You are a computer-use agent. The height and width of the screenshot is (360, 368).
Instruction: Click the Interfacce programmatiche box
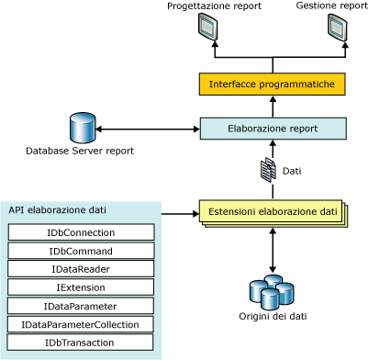pyautogui.click(x=273, y=85)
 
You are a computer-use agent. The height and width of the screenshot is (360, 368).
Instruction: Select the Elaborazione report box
pyautogui.click(x=273, y=129)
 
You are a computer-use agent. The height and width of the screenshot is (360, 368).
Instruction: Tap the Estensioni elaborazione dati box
pyautogui.click(x=273, y=213)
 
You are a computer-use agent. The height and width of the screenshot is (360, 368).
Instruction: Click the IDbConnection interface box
pyautogui.click(x=80, y=232)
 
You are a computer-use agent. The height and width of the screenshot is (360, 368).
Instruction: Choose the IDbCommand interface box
pyautogui.click(x=80, y=251)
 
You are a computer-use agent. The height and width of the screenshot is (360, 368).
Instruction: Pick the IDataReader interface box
pyautogui.click(x=80, y=269)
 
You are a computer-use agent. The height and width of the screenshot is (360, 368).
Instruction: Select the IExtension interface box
pyautogui.click(x=80, y=287)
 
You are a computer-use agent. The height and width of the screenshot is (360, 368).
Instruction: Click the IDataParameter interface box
pyautogui.click(x=80, y=306)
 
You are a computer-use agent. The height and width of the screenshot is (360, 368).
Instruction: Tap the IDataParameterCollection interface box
pyautogui.click(x=80, y=324)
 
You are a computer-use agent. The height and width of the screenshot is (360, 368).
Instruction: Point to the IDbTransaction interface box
pyautogui.click(x=80, y=343)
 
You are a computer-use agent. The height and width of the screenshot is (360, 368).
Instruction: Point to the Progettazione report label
pyautogui.click(x=214, y=6)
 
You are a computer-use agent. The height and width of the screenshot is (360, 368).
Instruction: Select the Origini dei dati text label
pyautogui.click(x=273, y=319)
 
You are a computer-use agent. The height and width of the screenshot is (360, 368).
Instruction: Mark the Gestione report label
pyautogui.click(x=332, y=6)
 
